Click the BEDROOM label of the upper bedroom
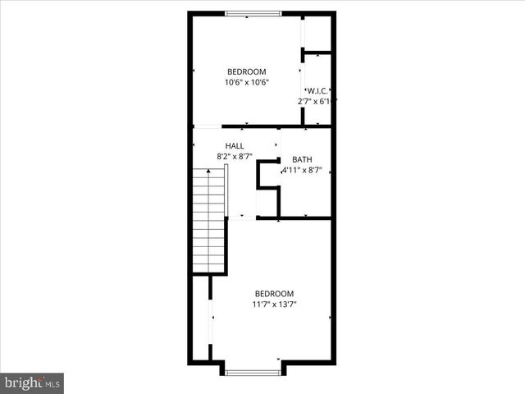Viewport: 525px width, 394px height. pos(246,71)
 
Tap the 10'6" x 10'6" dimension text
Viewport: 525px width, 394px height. pos(246,82)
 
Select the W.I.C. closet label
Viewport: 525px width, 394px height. pos(318,90)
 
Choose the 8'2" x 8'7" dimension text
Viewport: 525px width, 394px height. pos(235,156)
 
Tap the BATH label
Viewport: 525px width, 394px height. pos(302,160)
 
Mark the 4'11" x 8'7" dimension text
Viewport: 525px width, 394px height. pos(302,171)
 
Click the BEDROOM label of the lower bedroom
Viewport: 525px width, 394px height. pos(274,294)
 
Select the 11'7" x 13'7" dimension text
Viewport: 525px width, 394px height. pos(274,305)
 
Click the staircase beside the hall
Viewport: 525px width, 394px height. pos(209,218)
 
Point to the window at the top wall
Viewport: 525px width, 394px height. pos(253,13)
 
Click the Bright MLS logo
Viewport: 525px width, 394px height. pos(32,383)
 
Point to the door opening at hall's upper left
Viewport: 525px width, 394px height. pos(208,126)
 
